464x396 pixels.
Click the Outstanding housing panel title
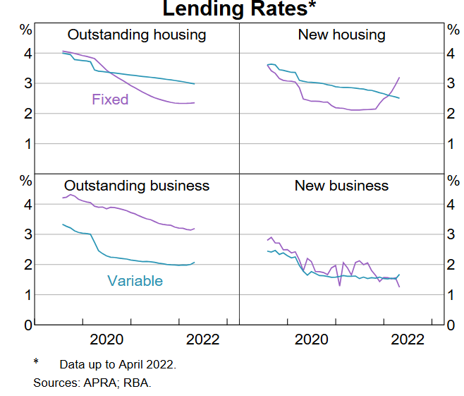click(x=136, y=35)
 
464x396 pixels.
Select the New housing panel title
click(x=341, y=35)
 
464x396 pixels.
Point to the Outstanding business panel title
click(x=137, y=186)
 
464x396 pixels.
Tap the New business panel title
click(x=341, y=186)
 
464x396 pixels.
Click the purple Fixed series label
click(x=110, y=100)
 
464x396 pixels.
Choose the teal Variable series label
click(x=135, y=281)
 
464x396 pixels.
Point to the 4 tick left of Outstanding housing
click(x=27, y=54)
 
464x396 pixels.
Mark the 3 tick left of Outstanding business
click(x=27, y=235)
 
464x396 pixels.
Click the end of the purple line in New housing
click(x=399, y=78)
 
